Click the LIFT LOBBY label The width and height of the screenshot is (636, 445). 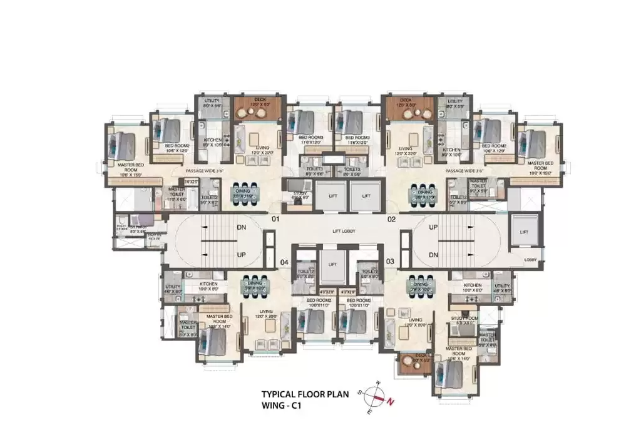(344, 232)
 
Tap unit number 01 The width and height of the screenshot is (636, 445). (275, 220)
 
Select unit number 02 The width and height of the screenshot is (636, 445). (392, 220)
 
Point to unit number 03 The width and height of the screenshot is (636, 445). (391, 261)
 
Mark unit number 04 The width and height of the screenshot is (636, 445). (284, 262)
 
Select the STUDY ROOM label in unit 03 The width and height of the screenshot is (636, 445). (464, 319)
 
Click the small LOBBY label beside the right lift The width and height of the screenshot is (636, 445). (531, 259)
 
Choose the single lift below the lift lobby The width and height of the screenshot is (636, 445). (332, 263)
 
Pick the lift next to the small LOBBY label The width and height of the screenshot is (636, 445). (524, 232)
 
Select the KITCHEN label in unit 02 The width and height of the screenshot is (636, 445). (451, 150)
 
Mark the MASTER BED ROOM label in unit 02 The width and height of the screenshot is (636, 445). (540, 165)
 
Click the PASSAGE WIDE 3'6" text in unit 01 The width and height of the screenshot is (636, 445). (203, 170)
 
